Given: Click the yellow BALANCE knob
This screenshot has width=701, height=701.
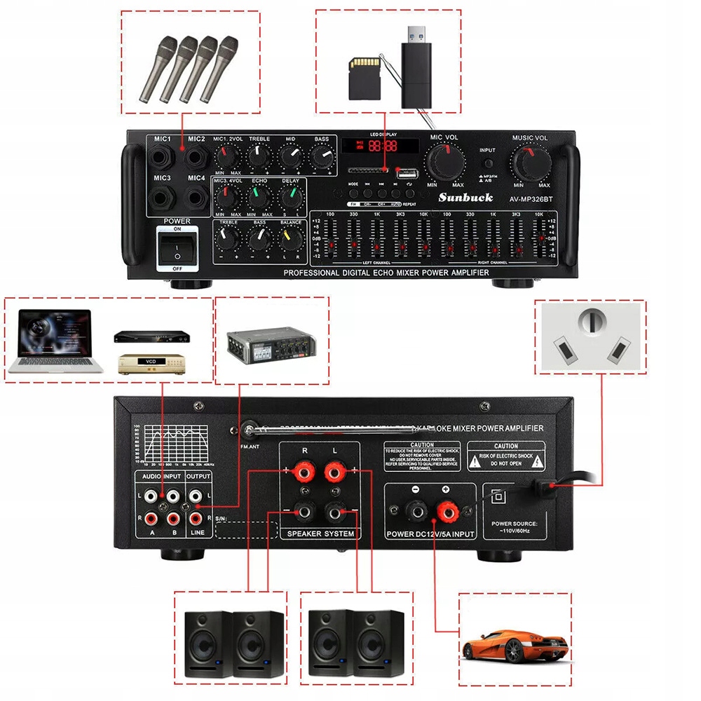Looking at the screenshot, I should point(290,240).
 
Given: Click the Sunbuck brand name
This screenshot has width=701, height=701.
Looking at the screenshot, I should point(465,198).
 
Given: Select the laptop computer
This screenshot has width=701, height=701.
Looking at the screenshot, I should point(57,341).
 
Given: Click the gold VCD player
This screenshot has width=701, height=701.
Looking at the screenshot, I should point(149,362).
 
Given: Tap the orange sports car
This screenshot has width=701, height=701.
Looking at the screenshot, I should point(515,644).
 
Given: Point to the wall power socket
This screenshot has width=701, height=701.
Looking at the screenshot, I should point(590,336).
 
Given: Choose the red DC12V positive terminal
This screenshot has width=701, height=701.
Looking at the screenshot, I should point(445,511).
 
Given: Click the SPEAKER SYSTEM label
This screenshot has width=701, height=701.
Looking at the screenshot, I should point(320,534).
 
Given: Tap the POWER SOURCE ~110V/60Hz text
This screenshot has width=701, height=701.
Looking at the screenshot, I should point(514,527).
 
